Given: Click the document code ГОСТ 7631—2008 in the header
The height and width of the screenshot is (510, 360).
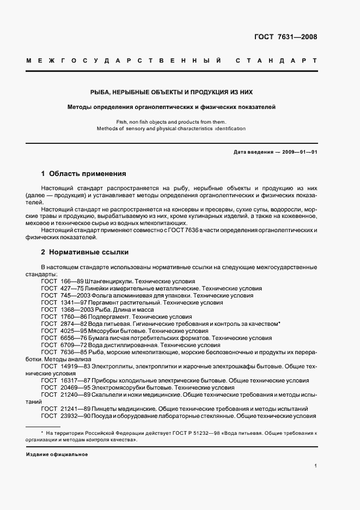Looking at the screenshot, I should pyautogui.click(x=285, y=37).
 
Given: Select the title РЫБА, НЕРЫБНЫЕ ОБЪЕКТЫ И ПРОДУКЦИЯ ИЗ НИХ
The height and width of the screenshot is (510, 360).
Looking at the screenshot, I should pyautogui.click(x=172, y=93).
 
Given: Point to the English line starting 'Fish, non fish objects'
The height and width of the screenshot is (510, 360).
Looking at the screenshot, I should pyautogui.click(x=171, y=122).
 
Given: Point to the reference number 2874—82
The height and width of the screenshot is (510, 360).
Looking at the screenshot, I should pyautogui.click(x=71, y=324).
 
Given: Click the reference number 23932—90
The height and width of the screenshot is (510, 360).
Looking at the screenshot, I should pyautogui.click(x=72, y=416).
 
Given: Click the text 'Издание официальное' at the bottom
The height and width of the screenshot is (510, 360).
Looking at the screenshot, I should pyautogui.click(x=57, y=454).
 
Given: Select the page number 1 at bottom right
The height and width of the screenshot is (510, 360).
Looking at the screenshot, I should pyautogui.click(x=315, y=466).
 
